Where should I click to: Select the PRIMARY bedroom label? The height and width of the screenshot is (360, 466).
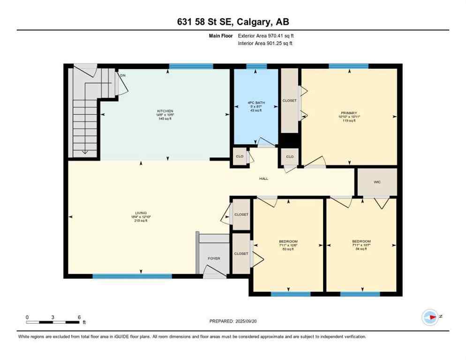point(349,112)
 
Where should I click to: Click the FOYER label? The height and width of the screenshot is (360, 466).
point(214,258)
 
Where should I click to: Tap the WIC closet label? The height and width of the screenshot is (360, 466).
point(376,181)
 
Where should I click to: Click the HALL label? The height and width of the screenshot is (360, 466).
point(263,179)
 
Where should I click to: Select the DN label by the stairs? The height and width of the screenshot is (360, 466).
point(123,75)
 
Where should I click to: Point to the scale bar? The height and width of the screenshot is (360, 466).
point(53,322)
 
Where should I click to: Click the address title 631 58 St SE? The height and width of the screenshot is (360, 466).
point(233,22)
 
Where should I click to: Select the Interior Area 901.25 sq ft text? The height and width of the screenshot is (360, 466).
point(265,44)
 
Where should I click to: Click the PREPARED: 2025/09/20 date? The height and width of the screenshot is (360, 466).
point(233,321)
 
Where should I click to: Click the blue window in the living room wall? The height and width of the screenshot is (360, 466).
point(132,276)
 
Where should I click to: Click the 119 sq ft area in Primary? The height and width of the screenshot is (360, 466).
point(349,120)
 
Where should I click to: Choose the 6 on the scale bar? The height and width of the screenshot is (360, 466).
point(78,317)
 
